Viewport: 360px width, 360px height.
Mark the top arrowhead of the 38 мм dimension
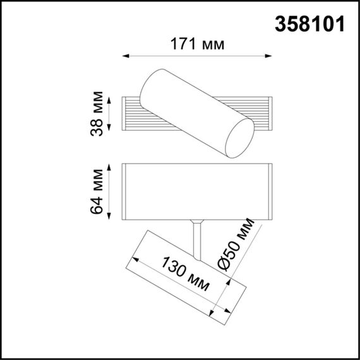click(112, 99)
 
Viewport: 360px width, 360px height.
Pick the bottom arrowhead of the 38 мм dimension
click(112, 131)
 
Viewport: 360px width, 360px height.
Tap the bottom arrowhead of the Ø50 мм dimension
click(213, 312)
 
